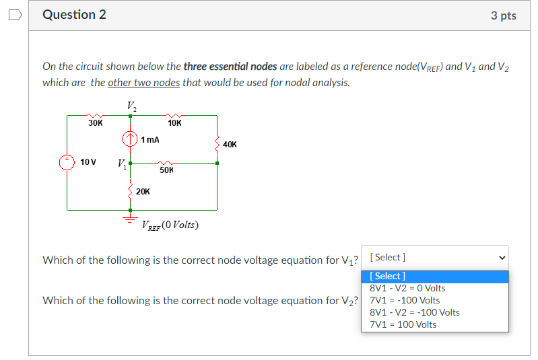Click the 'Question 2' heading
pyautogui.click(x=74, y=15)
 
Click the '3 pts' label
pyautogui.click(x=503, y=15)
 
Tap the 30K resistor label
pyautogui.click(x=96, y=123)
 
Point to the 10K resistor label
pyautogui.click(x=175, y=123)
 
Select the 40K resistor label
pyautogui.click(x=230, y=144)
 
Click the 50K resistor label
pyautogui.click(x=167, y=170)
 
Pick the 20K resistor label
pyautogui.click(x=143, y=192)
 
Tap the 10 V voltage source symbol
pyautogui.click(x=67, y=163)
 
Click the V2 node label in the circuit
pyautogui.click(x=130, y=106)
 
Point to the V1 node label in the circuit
pyautogui.click(x=121, y=163)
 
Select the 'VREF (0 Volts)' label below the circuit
pyautogui.click(x=170, y=225)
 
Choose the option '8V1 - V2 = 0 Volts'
pyautogui.click(x=407, y=288)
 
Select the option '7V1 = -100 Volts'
pyautogui.click(x=405, y=300)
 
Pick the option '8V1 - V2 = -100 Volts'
pyautogui.click(x=415, y=312)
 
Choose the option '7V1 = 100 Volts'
pyautogui.click(x=403, y=324)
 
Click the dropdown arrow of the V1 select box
pyautogui.click(x=500, y=257)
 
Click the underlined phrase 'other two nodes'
pyautogui.click(x=139, y=83)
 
